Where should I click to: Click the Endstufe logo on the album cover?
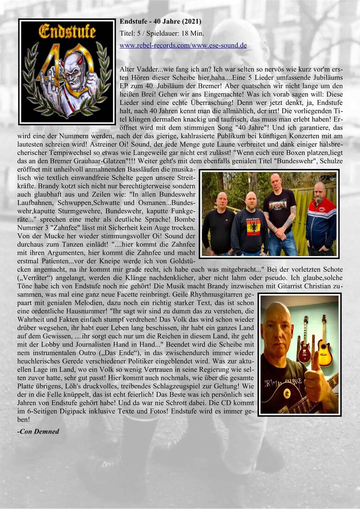(67, 32)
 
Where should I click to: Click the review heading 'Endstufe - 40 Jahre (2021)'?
(160, 21)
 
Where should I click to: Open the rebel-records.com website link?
(152, 45)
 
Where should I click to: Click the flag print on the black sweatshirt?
(253, 227)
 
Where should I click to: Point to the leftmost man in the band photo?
(218, 224)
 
